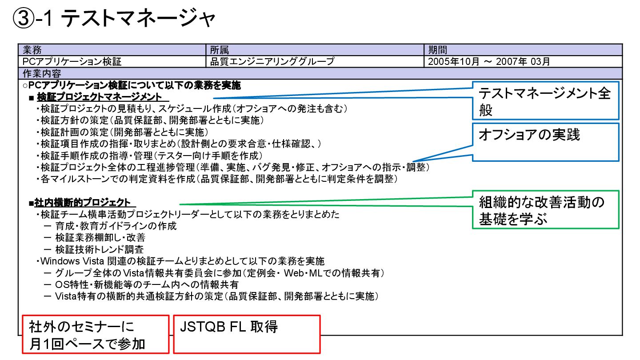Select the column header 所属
(x=220, y=50)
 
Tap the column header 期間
(x=437, y=50)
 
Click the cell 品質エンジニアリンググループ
(x=272, y=61)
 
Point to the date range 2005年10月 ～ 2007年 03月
(x=489, y=61)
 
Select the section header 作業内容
(x=42, y=73)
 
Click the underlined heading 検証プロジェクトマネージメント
(x=102, y=97)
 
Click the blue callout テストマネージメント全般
(x=544, y=101)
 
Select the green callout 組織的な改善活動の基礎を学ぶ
(x=544, y=210)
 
